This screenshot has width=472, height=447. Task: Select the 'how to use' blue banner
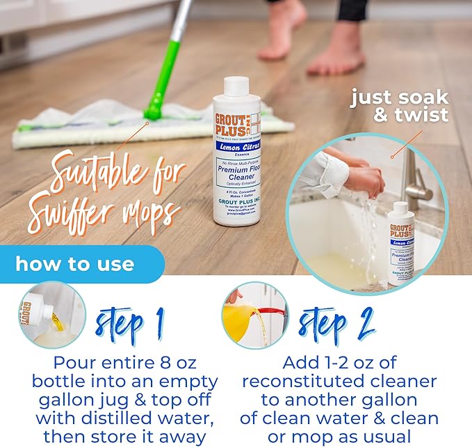tap(76, 265)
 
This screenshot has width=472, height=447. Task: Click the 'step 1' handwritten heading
tap(130, 323)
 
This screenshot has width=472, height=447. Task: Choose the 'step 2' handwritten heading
tap(336, 323)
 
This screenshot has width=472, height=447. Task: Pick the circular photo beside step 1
tap(52, 315)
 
